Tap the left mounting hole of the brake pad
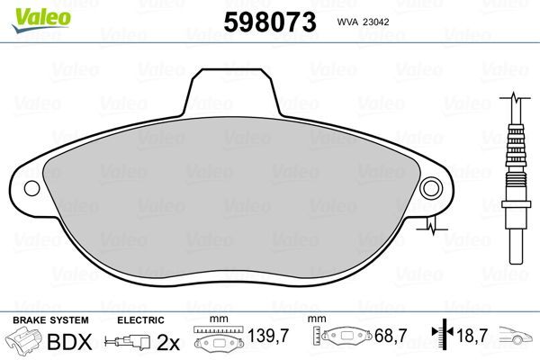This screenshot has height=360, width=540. [32, 189]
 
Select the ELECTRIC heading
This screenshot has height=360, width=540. [140, 319]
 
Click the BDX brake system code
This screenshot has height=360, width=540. [74, 341]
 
